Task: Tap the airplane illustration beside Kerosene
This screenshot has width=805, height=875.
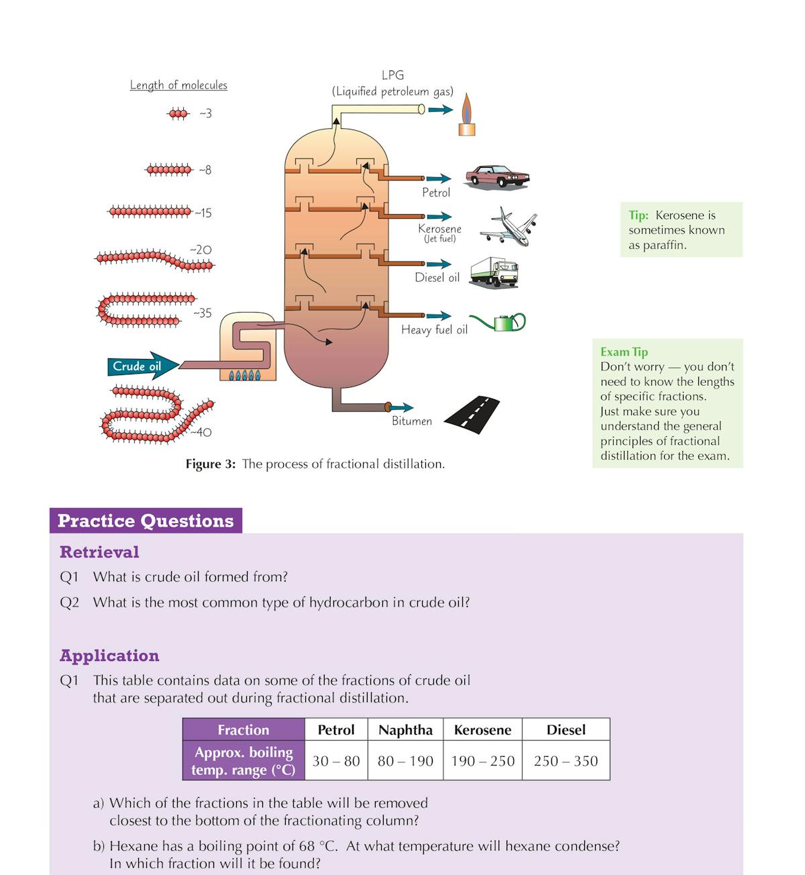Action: point(508,227)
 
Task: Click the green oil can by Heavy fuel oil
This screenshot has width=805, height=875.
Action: point(500,323)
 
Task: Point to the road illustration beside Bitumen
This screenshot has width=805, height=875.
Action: point(472,415)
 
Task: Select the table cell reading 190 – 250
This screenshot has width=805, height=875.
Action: point(482,761)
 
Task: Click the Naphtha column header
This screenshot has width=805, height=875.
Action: point(405,730)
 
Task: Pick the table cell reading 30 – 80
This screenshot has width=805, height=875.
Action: point(336,761)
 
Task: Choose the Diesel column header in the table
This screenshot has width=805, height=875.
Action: point(566,730)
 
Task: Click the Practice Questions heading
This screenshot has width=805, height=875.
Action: point(146,521)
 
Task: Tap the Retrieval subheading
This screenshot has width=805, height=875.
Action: point(99,552)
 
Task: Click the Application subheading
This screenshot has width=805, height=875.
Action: point(109,656)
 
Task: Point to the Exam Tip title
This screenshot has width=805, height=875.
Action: point(624,352)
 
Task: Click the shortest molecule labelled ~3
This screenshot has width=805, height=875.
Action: point(178,114)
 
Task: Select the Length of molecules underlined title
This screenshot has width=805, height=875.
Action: point(178,85)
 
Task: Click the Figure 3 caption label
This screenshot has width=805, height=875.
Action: point(210,464)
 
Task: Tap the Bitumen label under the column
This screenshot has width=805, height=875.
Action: point(412,421)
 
